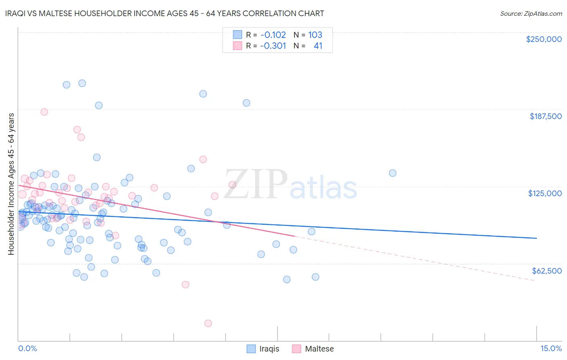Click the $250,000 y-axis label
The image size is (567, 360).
[544, 39]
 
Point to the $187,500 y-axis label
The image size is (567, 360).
[545, 116]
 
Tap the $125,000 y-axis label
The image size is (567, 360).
[545, 193]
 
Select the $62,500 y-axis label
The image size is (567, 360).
[546, 271]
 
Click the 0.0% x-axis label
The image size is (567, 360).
[27, 348]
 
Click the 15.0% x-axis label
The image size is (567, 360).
[551, 348]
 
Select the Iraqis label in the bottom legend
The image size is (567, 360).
[269, 349]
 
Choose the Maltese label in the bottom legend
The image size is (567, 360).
[319, 349]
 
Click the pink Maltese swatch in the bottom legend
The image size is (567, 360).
[297, 349]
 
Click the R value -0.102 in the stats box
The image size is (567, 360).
[273, 35]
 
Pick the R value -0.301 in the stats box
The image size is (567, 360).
[273, 46]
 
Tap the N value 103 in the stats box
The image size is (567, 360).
[315, 35]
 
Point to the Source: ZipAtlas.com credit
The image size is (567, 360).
[531, 13]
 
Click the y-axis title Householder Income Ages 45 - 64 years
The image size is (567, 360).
[11, 184]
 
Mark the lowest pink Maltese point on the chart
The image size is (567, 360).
[208, 323]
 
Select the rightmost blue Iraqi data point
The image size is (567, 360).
[392, 173]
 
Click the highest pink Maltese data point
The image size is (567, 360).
[44, 112]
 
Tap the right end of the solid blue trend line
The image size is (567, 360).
[536, 238]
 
